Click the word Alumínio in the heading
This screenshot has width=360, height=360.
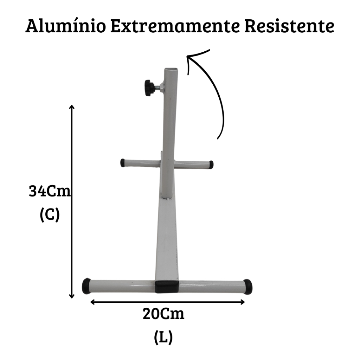(x=66, y=26)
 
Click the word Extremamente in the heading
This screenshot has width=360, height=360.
(x=175, y=26)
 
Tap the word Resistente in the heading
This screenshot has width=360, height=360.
(x=289, y=26)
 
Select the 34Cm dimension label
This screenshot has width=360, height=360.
(x=50, y=191)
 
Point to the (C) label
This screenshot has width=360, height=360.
(x=50, y=215)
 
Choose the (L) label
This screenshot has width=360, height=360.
(x=163, y=337)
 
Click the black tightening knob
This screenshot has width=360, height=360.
(x=150, y=88)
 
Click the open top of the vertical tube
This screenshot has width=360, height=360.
(x=171, y=69)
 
